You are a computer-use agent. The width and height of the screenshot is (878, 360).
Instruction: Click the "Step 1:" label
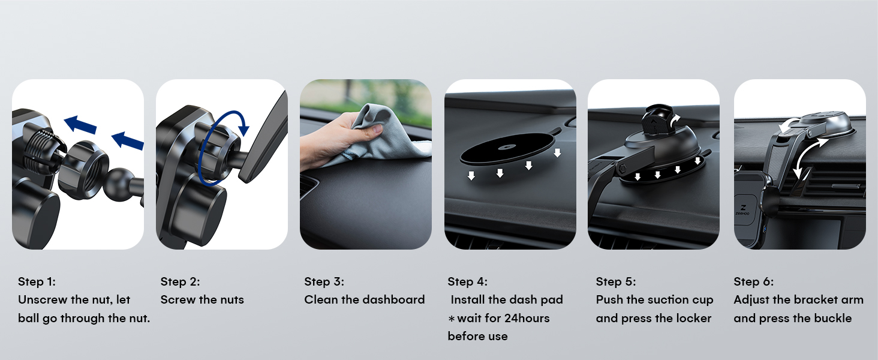pyautogui.click(x=37, y=281)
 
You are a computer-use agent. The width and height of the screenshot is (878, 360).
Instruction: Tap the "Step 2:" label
pyautogui.click(x=180, y=281)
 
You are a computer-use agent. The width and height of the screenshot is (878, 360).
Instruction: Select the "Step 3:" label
pyautogui.click(x=324, y=281)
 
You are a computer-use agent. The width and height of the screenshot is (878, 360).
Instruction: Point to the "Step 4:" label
pyautogui.click(x=467, y=281)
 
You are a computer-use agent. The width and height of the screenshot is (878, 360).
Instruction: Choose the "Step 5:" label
pyautogui.click(x=615, y=281)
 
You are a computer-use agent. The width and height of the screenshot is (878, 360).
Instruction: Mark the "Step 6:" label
pyautogui.click(x=753, y=281)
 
